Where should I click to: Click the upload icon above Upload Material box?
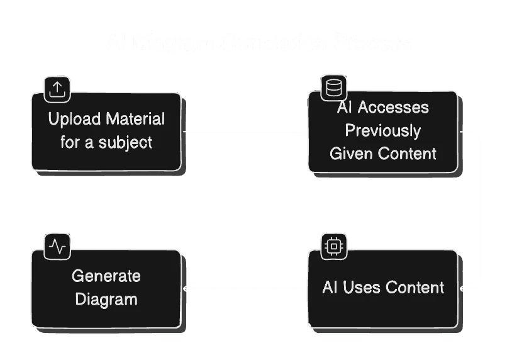57,89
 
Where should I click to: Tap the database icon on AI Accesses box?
333,88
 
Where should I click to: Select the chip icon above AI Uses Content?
333,246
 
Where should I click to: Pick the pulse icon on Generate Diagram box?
57,246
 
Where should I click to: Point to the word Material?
135,119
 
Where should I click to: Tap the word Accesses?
394,108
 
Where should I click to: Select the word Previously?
382,130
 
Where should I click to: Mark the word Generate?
106,276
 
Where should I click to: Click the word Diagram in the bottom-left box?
106,299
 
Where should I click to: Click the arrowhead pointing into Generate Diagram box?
186,289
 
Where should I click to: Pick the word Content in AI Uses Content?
415,288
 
